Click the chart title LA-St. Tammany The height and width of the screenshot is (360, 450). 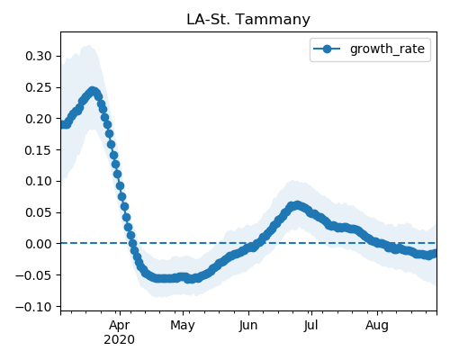[x=248, y=20]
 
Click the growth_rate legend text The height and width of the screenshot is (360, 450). [x=387, y=49]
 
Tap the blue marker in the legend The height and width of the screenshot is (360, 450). [x=327, y=49]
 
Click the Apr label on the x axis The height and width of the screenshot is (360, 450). [x=120, y=326]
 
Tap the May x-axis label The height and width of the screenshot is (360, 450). [x=183, y=326]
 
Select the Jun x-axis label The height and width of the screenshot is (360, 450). [x=248, y=326]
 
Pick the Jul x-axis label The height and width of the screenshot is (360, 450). [x=310, y=326]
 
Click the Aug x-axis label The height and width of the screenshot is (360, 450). [x=377, y=326]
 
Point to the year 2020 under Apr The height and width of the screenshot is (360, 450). [x=120, y=340]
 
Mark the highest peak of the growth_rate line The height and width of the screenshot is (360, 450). [x=93, y=91]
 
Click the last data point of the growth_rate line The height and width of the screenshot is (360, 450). [x=434, y=254]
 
